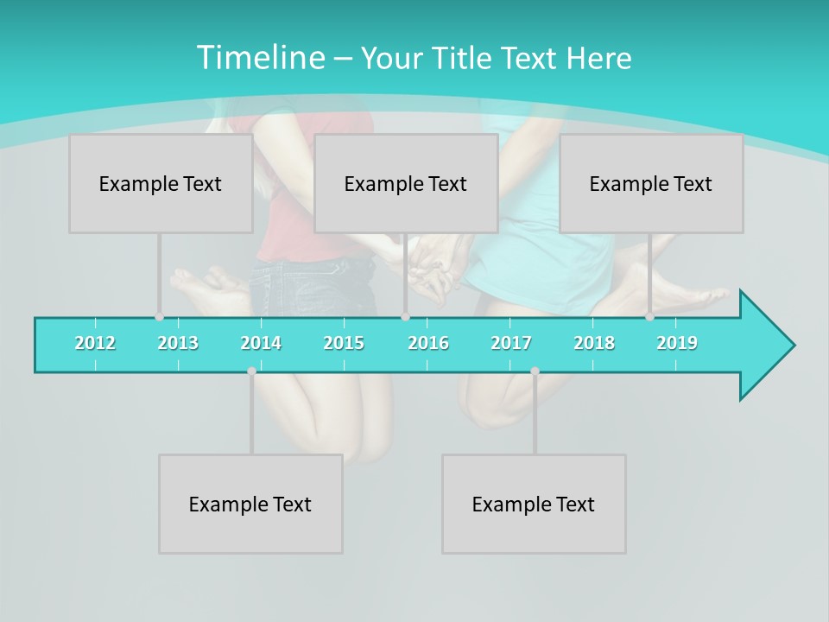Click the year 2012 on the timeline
click(95, 343)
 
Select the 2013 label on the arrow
click(178, 343)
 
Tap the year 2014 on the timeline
click(261, 343)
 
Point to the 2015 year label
click(344, 343)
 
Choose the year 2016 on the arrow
click(428, 343)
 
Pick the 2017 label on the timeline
click(511, 343)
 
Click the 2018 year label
click(594, 343)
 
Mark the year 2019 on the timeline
click(677, 343)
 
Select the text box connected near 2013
click(161, 183)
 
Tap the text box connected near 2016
click(406, 183)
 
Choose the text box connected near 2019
click(651, 183)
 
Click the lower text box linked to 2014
click(250, 504)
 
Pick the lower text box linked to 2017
click(534, 504)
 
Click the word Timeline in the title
click(259, 58)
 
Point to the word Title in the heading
click(464, 59)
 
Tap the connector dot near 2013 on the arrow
click(159, 317)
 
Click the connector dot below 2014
click(251, 371)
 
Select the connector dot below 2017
click(535, 371)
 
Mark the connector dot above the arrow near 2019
click(649, 317)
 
